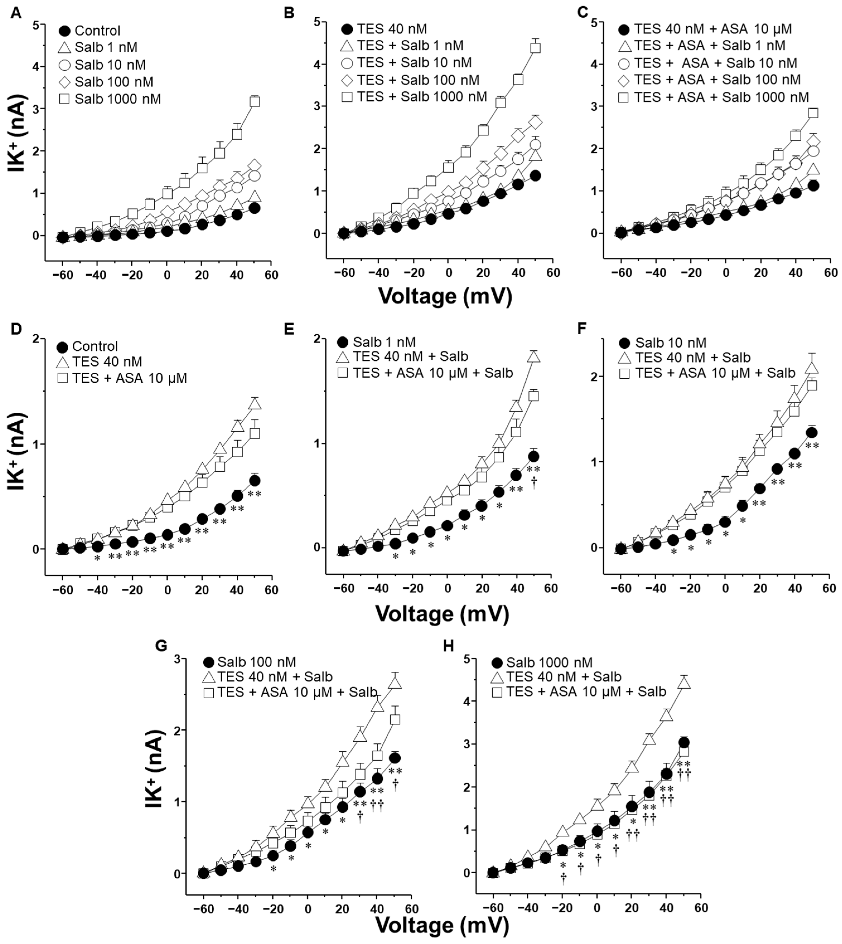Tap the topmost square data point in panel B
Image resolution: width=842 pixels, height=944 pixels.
click(535, 48)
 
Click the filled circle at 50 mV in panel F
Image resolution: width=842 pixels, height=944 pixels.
click(811, 433)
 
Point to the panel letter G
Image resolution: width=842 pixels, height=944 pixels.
click(161, 646)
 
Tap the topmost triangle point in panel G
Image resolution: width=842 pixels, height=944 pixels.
click(395, 683)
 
